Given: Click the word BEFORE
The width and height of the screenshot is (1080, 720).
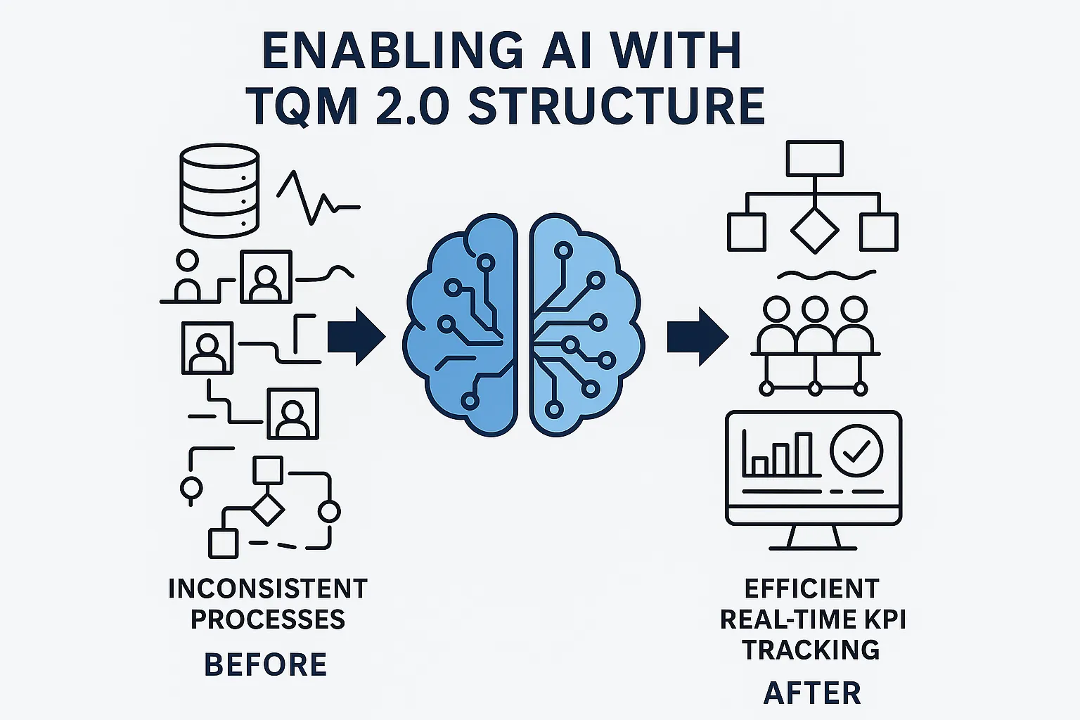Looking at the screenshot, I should pyautogui.click(x=265, y=664).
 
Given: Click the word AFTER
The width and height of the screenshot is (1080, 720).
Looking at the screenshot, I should pyautogui.click(x=812, y=693).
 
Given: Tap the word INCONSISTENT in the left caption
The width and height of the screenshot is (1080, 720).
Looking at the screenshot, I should pyautogui.click(x=268, y=589).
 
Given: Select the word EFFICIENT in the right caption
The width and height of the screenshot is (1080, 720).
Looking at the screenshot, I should pyautogui.click(x=812, y=589).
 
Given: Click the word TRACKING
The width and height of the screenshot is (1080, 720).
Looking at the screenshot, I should pyautogui.click(x=811, y=650).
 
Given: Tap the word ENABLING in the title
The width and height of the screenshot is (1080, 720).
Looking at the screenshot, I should pyautogui.click(x=392, y=51).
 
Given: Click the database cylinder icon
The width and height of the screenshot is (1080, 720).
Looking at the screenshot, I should pyautogui.click(x=219, y=191).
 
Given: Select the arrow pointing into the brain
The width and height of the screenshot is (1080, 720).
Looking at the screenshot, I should pyautogui.click(x=356, y=335).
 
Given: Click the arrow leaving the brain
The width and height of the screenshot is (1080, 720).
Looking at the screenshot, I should pyautogui.click(x=697, y=335).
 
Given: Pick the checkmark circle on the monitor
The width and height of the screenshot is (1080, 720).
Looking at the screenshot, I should pyautogui.click(x=856, y=451).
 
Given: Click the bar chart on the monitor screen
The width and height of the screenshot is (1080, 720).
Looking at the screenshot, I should pyautogui.click(x=778, y=456).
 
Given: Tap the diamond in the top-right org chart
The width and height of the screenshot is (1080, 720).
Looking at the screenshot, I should pyautogui.click(x=814, y=230).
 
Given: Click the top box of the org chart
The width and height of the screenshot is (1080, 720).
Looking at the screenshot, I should pyautogui.click(x=814, y=158).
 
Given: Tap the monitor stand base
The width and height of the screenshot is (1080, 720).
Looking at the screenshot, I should pyautogui.click(x=814, y=546).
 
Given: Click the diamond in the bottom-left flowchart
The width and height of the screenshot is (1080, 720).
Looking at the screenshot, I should pyautogui.click(x=267, y=508).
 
